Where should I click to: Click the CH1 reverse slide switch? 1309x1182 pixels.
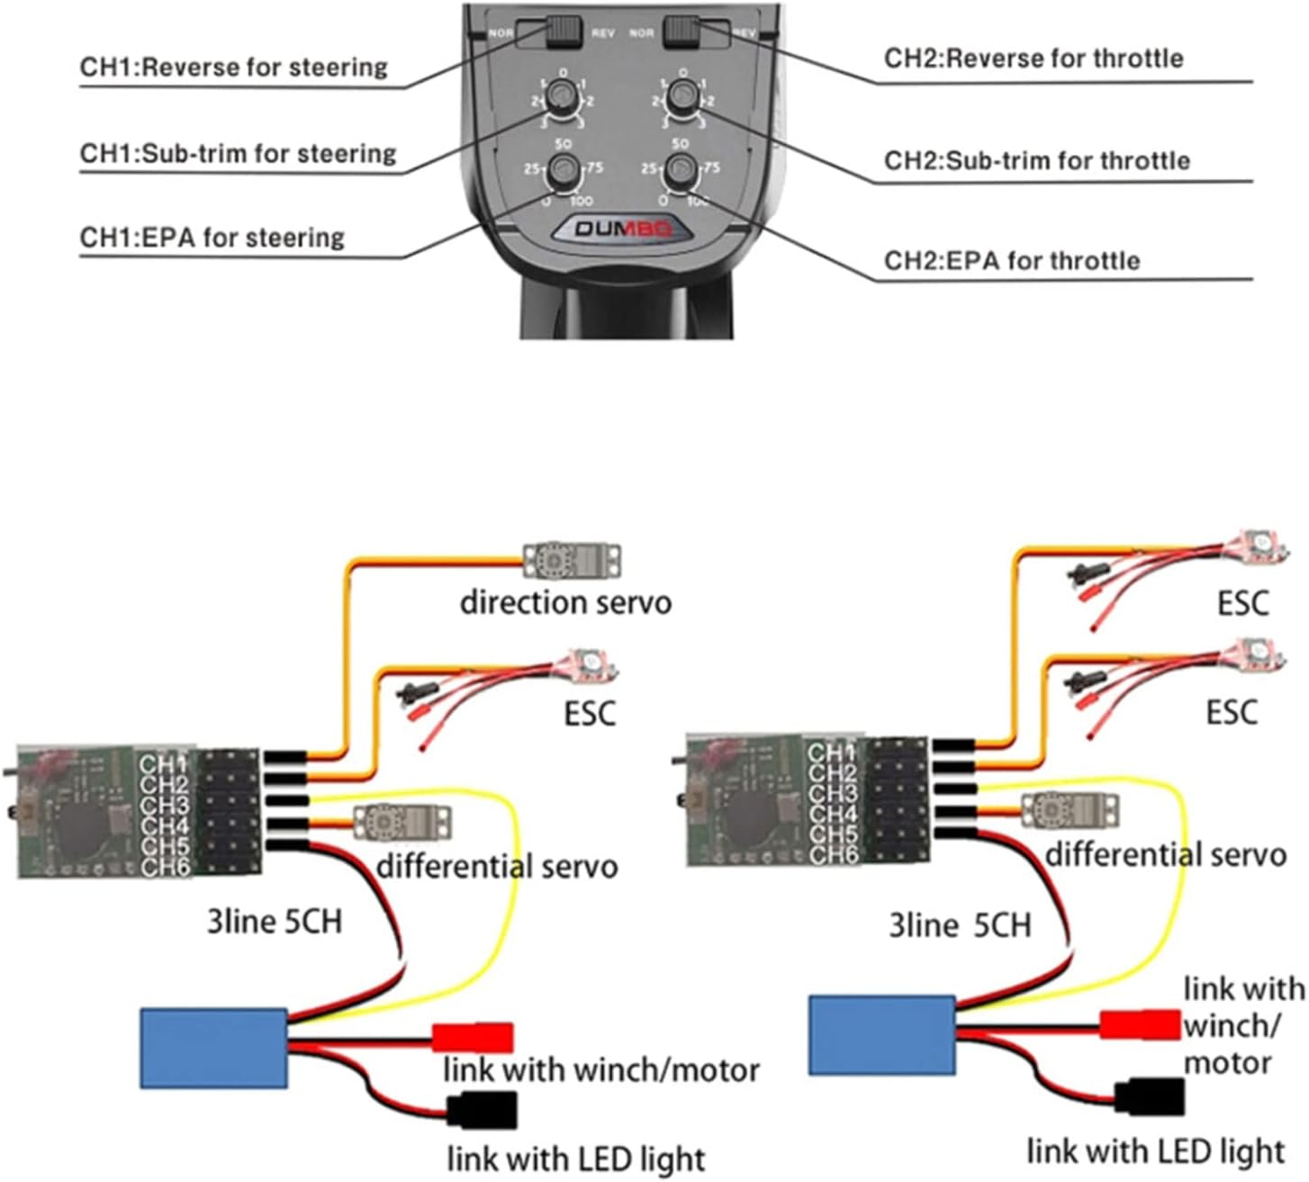coord(564,32)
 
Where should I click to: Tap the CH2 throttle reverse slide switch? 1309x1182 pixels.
coord(682,32)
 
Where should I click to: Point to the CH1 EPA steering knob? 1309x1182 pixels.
coord(564,168)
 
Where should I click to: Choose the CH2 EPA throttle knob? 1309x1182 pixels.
coord(682,168)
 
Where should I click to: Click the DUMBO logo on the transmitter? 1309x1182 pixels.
coord(623,229)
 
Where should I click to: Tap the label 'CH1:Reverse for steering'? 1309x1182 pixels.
coord(234,68)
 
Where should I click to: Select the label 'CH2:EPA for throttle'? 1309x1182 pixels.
coord(1011,261)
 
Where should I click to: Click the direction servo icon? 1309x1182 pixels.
coord(573,560)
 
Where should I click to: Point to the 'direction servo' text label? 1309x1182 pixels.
coord(565,602)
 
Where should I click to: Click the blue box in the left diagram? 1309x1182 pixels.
coord(214,1047)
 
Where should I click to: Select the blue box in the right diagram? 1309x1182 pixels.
coord(882,1034)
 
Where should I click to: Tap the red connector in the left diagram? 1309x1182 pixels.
coord(473,1037)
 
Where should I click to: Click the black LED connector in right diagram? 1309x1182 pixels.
coord(1149,1096)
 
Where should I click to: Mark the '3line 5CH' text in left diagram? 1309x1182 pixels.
coord(275,922)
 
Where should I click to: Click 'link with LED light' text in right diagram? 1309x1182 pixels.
coord(1156,1151)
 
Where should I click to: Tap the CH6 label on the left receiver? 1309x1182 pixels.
coord(165,868)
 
